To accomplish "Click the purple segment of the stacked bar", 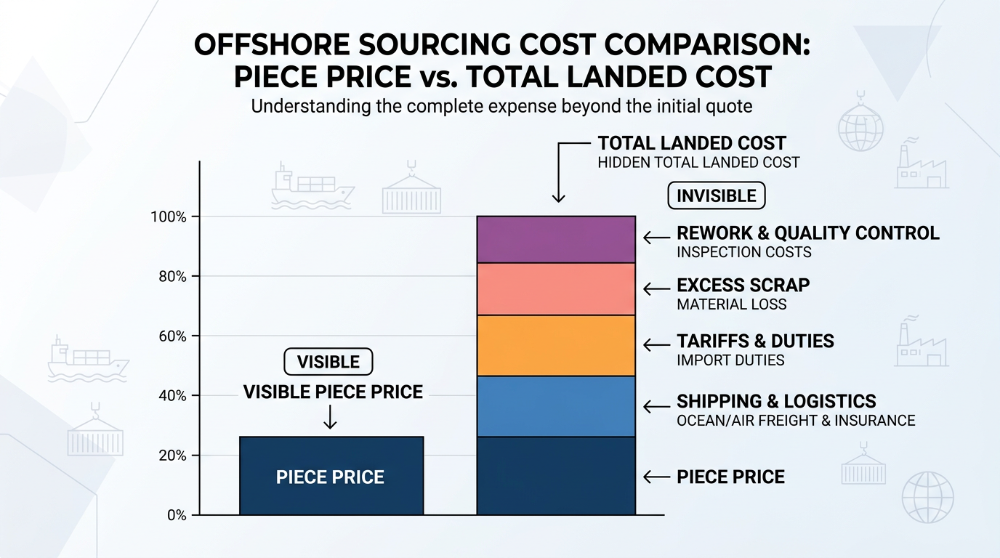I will click(x=556, y=239).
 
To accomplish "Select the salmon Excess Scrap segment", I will click(x=556, y=288).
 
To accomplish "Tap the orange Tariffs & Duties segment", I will click(x=556, y=345).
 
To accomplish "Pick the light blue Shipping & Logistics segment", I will click(x=556, y=406).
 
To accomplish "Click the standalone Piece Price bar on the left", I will click(x=331, y=476).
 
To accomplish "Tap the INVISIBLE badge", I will click(x=716, y=195).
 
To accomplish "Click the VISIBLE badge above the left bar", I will click(x=328, y=362).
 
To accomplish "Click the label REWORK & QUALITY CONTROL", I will click(x=807, y=233).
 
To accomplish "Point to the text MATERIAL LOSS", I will click(x=731, y=304).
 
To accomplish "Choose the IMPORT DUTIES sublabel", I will click(x=730, y=360).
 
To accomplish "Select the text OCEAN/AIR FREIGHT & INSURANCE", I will click(x=796, y=420).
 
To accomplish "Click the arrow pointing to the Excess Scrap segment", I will click(x=657, y=288).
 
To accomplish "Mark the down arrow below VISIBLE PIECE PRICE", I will click(x=330, y=416).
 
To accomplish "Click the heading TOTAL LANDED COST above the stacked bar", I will click(x=692, y=143).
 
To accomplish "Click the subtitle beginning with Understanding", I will click(x=501, y=106).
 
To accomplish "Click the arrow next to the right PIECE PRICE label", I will click(x=657, y=477).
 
